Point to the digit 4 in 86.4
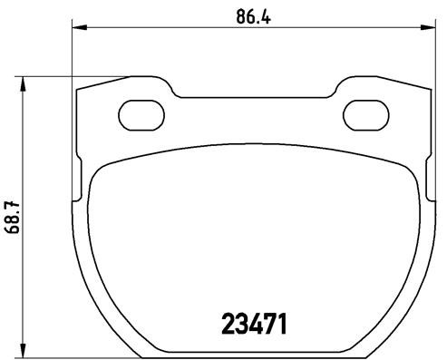pos(258,15)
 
